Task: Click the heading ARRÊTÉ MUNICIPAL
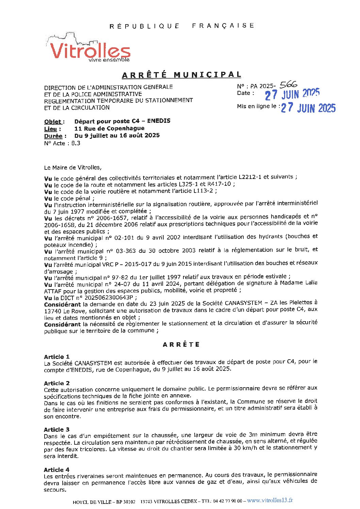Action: click(x=182, y=75)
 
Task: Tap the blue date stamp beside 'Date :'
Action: click(x=292, y=94)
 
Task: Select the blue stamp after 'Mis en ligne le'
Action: click(x=308, y=108)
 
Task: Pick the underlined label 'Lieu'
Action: click(x=52, y=129)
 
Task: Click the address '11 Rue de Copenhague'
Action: click(x=109, y=129)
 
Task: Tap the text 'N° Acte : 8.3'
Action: click(x=62, y=143)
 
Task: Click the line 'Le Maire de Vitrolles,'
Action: click(x=72, y=167)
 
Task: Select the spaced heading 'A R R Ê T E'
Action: click(x=181, y=344)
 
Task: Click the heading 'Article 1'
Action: click(x=56, y=357)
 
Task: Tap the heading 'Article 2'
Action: click(x=56, y=383)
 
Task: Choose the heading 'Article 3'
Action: click(x=56, y=429)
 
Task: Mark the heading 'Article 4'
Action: click(x=56, y=470)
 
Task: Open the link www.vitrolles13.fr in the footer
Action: click(x=270, y=500)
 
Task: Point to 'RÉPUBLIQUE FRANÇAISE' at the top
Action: click(x=182, y=26)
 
